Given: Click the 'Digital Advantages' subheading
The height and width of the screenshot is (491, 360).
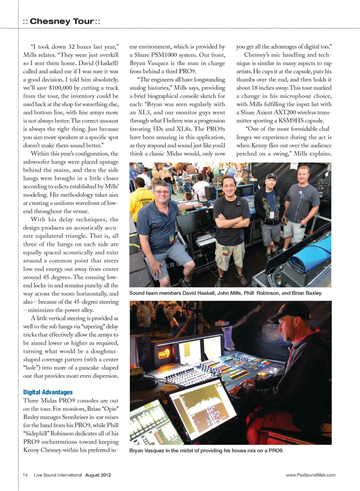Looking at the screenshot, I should click(48, 392).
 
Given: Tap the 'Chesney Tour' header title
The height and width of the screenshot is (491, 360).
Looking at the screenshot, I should click(61, 21).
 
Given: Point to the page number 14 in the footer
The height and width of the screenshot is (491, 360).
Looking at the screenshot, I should click(25, 475).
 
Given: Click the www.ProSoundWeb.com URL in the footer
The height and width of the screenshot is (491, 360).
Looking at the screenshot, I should click(310, 475).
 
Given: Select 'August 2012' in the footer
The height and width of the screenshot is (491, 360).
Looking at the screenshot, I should click(98, 475).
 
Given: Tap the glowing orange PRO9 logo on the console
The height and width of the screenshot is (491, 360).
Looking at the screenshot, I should click(164, 353).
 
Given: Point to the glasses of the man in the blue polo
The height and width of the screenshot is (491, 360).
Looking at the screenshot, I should click(162, 192).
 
